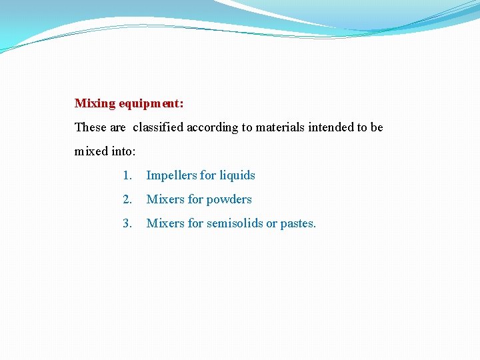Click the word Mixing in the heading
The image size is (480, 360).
coord(95,103)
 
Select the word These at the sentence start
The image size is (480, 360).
coord(89,127)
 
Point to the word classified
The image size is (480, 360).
coord(158,127)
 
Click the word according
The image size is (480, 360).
coord(213,127)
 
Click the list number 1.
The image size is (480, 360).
coord(127,175)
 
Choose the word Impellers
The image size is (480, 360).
coord(171,175)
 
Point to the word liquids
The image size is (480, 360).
coord(237,175)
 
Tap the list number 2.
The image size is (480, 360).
coord(127,199)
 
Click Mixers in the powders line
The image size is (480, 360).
coord(165,199)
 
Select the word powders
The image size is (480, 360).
coord(229,199)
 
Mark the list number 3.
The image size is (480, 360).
coord(127,223)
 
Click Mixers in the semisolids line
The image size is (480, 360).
coord(165,223)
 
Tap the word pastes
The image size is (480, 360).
coord(298,224)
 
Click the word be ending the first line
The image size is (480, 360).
coord(377,127)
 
